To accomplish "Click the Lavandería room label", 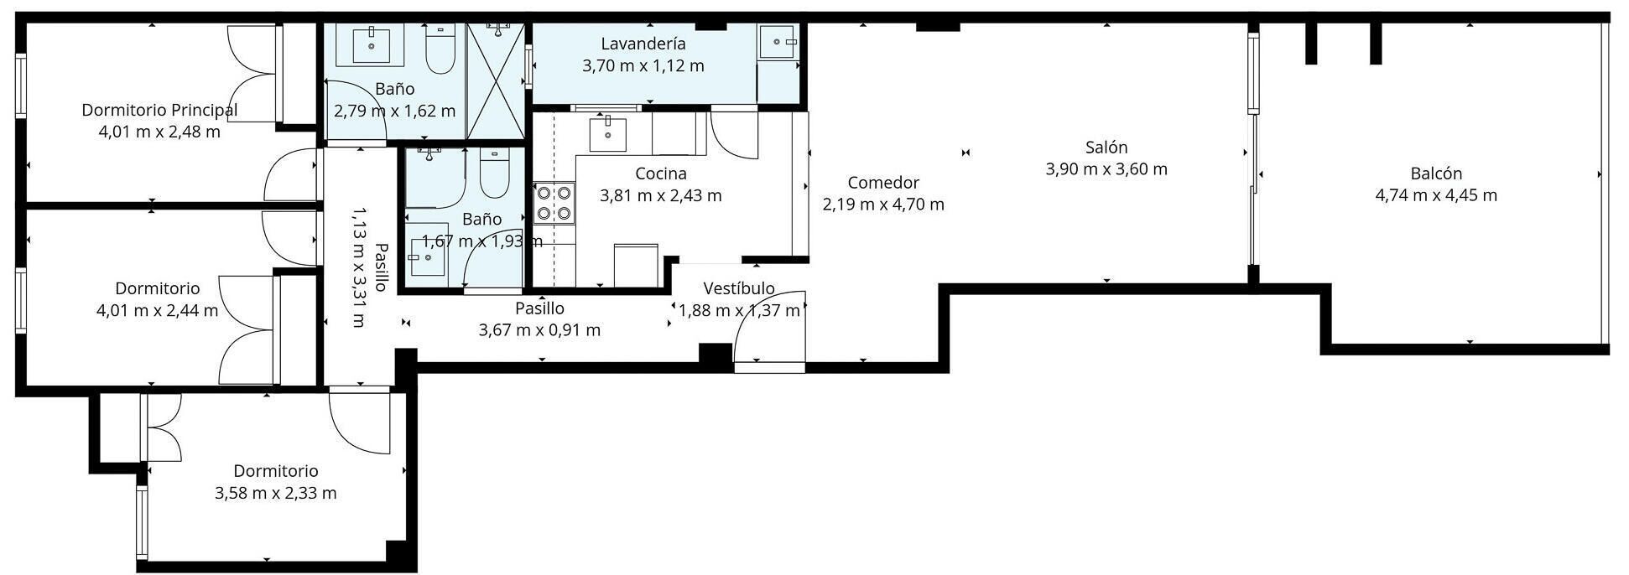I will coord(643,44).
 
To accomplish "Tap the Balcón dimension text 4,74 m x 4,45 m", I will coord(1436,195).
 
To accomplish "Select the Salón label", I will coord(1106,148).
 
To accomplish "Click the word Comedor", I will coord(883,183).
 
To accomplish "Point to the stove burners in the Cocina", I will coord(554,203).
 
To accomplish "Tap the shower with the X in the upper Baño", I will coord(497,81).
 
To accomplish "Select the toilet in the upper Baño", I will coord(440,49).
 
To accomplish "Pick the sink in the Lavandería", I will coord(779,41).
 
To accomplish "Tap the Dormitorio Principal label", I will coord(159,110).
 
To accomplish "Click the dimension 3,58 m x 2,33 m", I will coord(275,493).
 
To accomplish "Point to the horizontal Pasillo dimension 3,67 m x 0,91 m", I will coord(539,330).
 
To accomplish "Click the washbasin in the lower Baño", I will coord(427,256).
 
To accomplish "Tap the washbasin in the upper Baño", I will coord(370,44).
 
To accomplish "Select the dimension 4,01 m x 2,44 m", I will coord(158,311).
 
